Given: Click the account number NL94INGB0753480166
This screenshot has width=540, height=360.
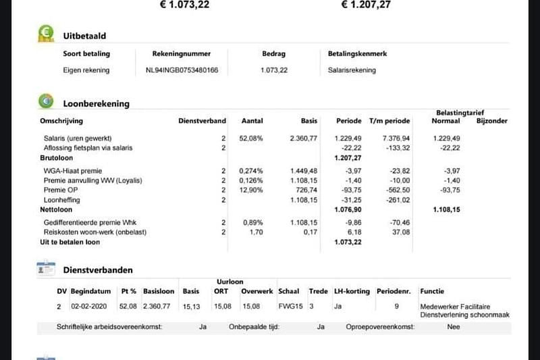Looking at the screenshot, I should (182, 70).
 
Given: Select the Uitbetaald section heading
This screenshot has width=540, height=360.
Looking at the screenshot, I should (84, 36).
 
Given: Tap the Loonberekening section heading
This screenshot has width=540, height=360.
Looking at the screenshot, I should (96, 104).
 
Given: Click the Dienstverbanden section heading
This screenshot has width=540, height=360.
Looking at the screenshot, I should (98, 270).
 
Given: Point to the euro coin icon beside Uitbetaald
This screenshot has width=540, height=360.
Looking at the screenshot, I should (46, 34).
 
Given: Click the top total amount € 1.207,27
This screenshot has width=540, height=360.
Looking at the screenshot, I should (366, 5).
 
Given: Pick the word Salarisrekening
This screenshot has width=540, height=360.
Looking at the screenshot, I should (352, 70).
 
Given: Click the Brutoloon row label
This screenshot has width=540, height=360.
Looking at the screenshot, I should (57, 157).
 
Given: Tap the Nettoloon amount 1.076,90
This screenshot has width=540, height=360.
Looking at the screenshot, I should (349, 210).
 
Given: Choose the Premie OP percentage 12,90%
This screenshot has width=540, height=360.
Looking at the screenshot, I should (251, 190).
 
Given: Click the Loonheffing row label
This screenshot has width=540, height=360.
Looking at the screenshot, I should (62, 201).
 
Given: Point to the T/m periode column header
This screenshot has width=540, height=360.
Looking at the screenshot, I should (389, 122).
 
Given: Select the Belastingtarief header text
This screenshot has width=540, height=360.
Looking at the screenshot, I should (460, 113).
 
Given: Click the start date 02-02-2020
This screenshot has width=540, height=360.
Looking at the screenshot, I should (89, 306).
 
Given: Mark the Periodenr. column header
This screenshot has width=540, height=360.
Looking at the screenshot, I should (392, 292).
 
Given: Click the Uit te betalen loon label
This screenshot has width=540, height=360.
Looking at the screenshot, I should (70, 242).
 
